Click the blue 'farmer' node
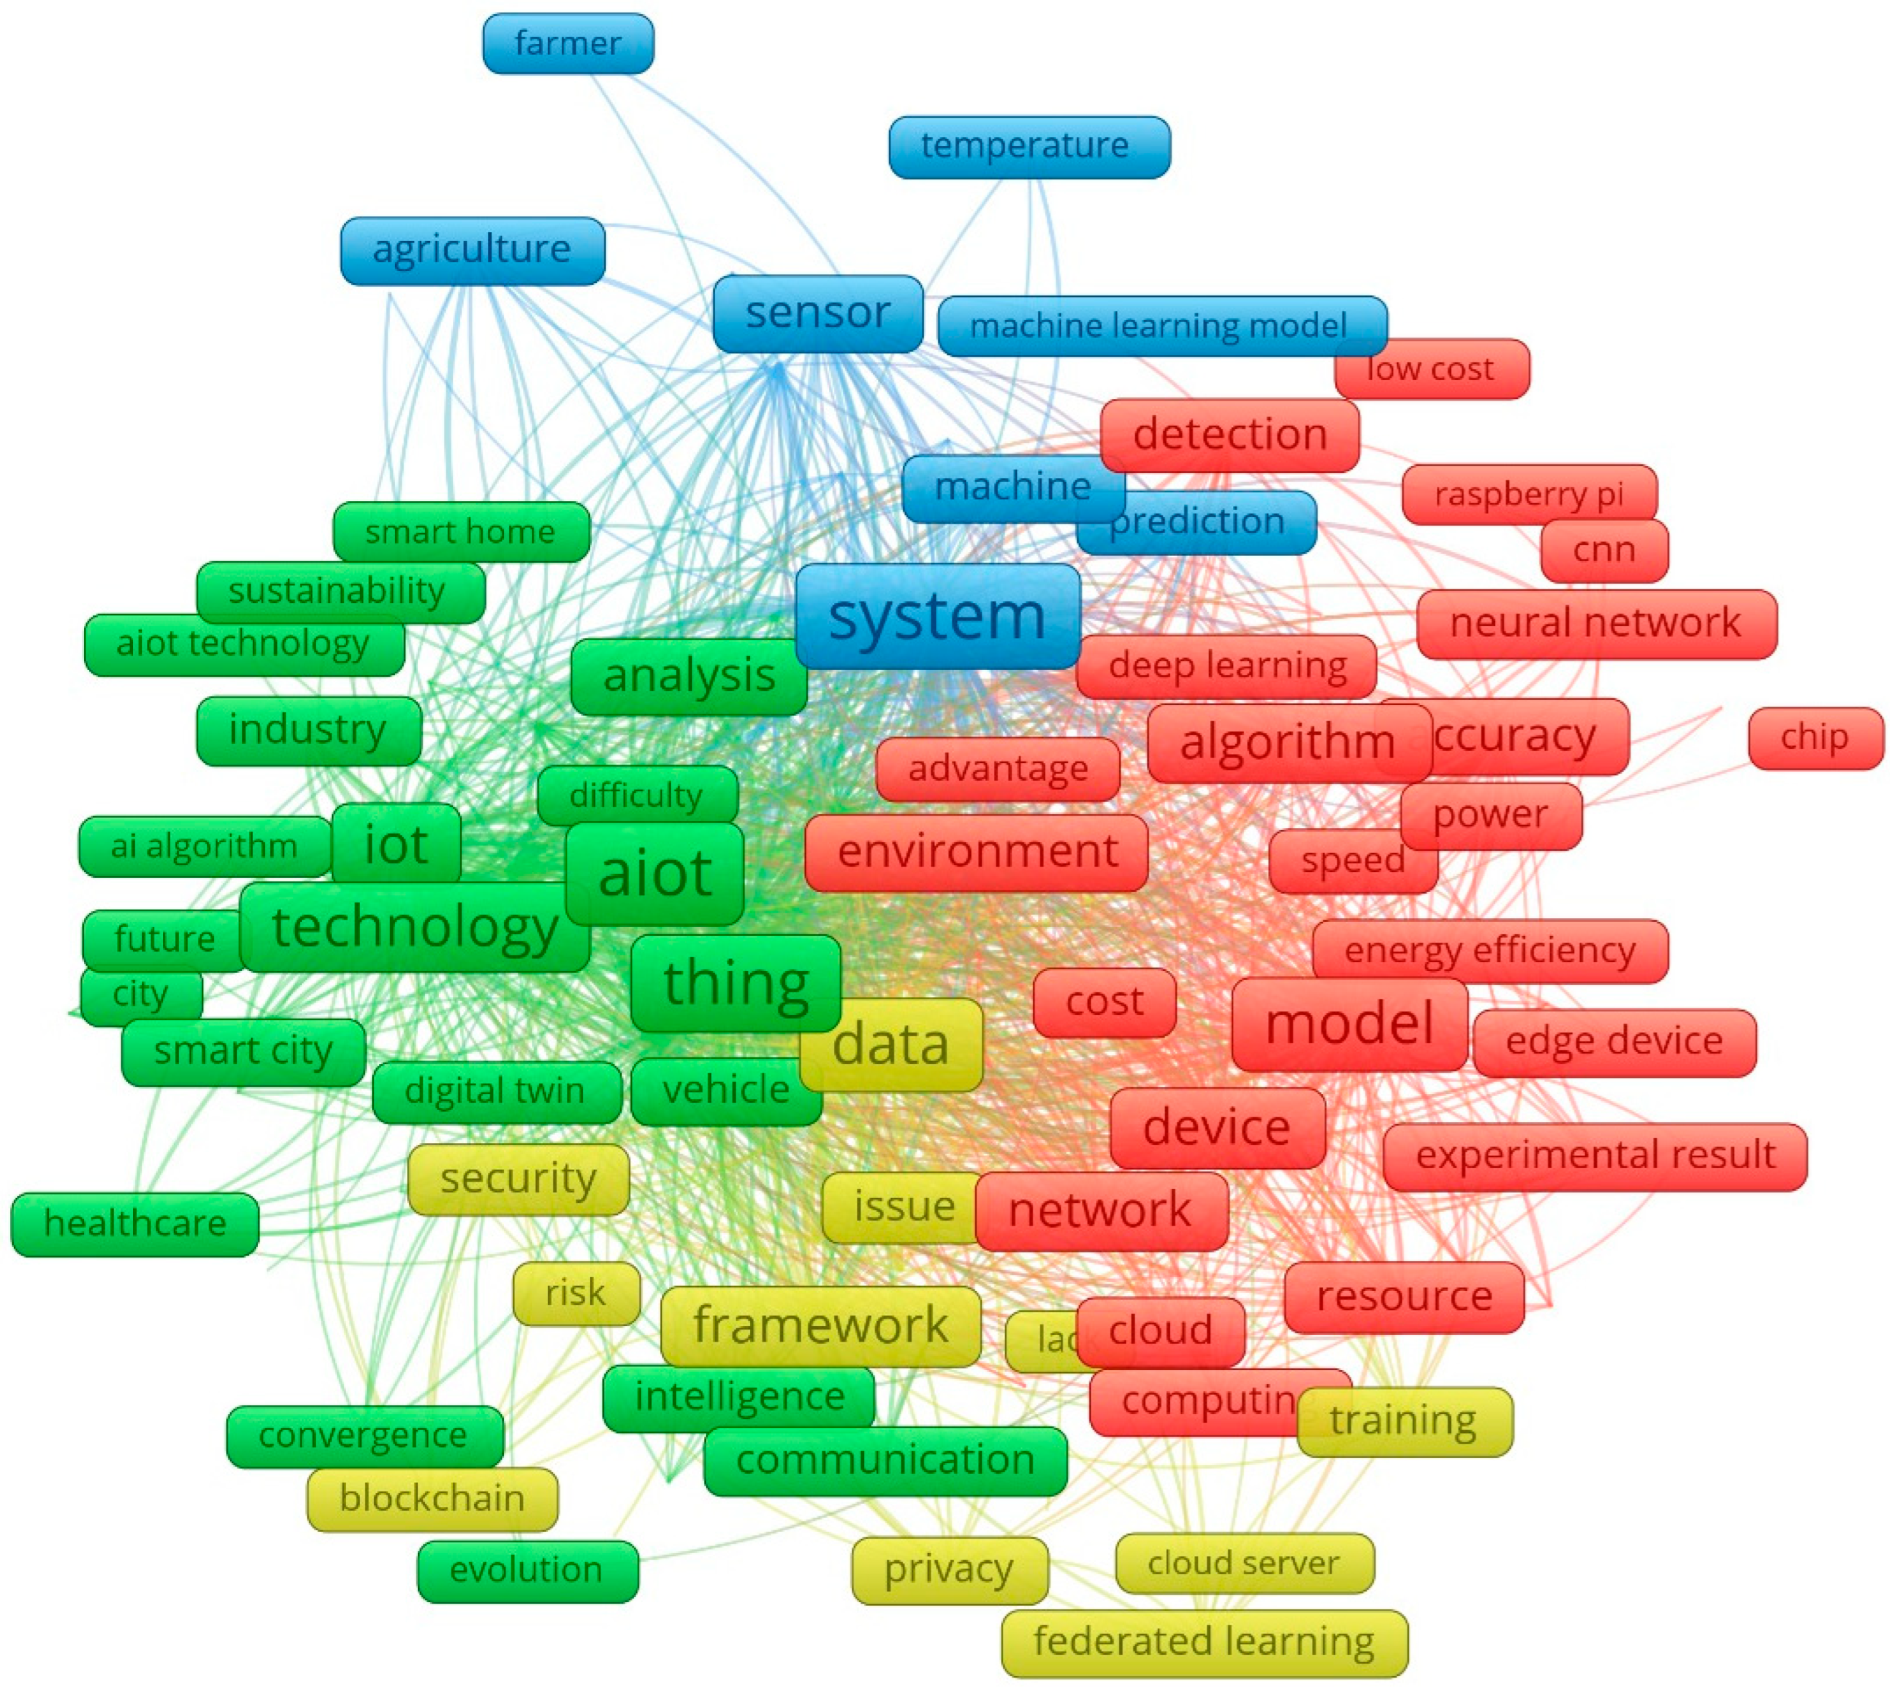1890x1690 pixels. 567,44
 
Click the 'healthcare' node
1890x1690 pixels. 135,1224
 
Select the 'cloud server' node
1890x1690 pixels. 1244,1563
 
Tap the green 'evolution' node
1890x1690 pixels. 527,1570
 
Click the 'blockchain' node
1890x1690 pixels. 432,1498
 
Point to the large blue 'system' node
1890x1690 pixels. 937,616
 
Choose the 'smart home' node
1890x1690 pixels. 460,532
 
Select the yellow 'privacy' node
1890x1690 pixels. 948,1570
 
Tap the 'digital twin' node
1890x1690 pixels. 495,1091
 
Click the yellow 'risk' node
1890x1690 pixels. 576,1293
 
